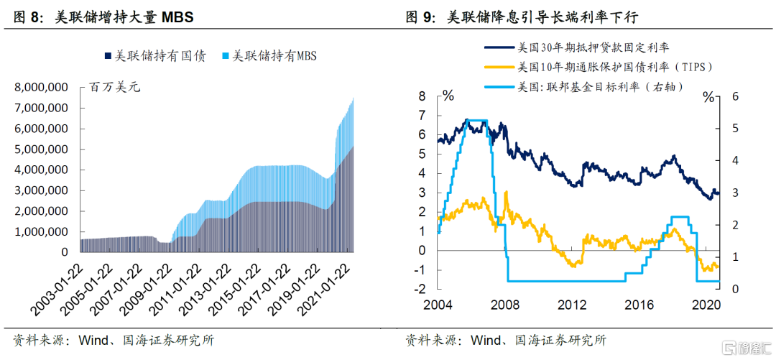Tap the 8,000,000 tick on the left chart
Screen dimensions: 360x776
tap(40, 88)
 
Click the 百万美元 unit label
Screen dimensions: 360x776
tap(115, 88)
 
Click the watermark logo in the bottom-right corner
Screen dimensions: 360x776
tap(744, 348)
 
